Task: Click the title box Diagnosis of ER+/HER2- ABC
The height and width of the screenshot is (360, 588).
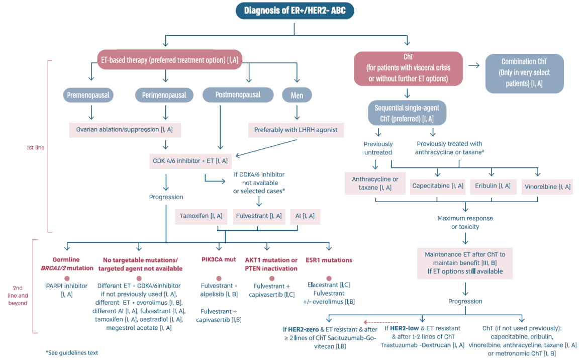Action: (295, 11)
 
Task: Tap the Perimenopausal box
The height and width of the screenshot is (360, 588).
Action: (164, 95)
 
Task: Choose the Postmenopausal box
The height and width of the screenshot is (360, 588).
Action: (238, 95)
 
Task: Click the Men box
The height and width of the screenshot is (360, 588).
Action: (297, 95)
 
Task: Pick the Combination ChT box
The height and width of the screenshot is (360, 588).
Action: (524, 73)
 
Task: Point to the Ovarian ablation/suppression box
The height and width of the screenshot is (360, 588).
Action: (125, 129)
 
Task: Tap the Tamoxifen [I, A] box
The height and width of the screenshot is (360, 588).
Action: (201, 216)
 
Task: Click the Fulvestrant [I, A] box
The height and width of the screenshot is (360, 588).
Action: (258, 216)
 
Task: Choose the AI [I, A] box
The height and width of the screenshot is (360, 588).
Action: (305, 216)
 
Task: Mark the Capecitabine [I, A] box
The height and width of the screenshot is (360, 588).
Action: (438, 186)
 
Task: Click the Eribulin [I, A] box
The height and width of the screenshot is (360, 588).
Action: (493, 186)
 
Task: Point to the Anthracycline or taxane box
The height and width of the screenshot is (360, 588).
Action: (375, 183)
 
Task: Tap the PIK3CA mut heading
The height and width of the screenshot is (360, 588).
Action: (218, 260)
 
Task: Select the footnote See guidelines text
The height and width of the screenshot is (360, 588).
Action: (72, 352)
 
